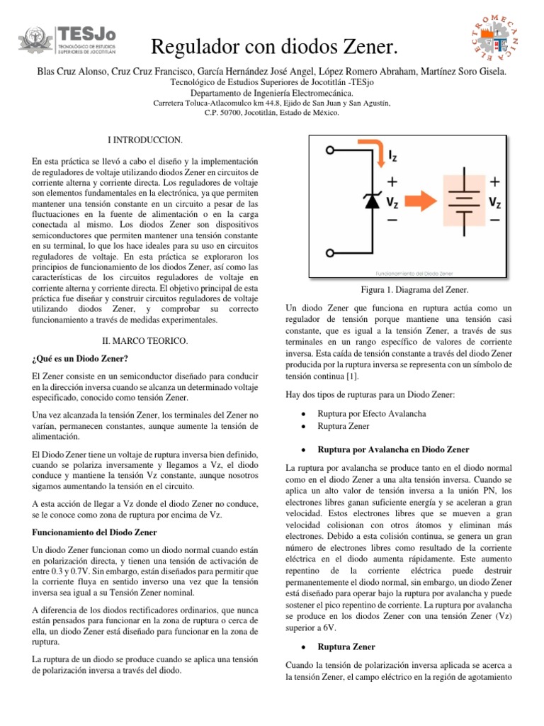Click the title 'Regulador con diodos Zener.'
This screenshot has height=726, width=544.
click(271, 48)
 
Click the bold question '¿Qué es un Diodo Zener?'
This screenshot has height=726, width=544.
click(81, 357)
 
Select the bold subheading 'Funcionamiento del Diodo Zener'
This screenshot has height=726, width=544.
click(96, 531)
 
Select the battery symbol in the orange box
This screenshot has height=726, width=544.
click(463, 202)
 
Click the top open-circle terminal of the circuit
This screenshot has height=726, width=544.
click(331, 150)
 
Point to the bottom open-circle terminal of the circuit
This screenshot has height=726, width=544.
click(331, 253)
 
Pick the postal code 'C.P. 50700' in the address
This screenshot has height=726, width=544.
click(225, 112)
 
